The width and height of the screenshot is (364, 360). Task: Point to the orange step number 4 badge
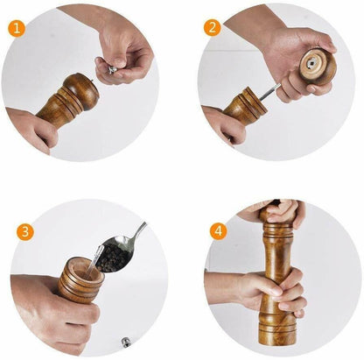(216, 232)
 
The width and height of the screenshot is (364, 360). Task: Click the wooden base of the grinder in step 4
(277, 337)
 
